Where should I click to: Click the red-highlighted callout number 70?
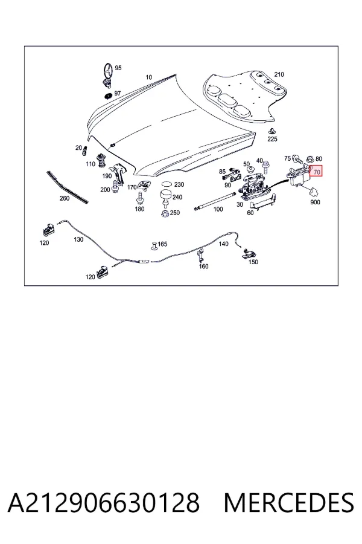point(316,172)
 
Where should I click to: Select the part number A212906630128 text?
point(104,502)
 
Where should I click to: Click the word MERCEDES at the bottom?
point(289,502)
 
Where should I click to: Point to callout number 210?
point(279,74)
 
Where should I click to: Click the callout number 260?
point(65,198)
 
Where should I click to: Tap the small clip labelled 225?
point(272,132)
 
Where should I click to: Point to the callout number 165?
point(162,244)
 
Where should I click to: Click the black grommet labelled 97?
point(108,95)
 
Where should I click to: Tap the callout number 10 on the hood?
point(148,77)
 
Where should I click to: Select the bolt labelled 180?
point(140,198)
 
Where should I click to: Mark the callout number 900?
point(315,202)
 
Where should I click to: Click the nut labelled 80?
point(310,160)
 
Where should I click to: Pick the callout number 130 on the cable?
point(78,239)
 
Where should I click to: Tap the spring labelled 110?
point(101,160)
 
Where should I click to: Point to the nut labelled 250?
point(165,213)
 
